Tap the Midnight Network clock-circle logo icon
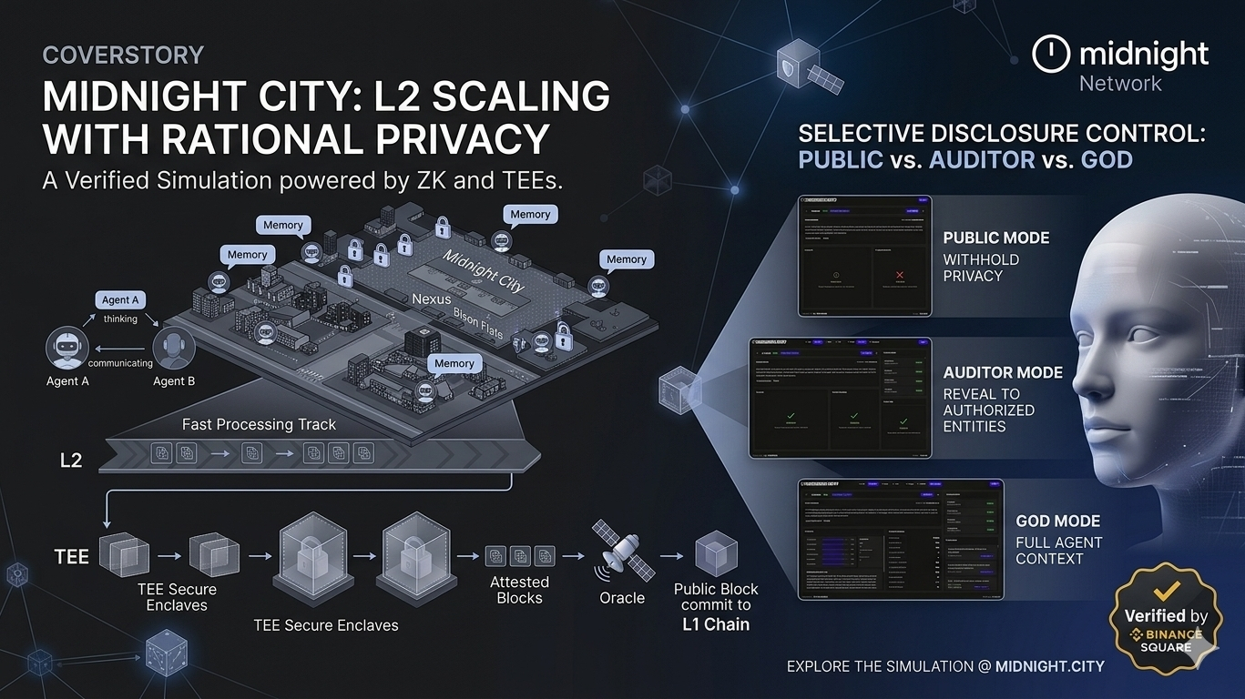pos(1050,54)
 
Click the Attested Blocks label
pos(519,590)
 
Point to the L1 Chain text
pos(715,624)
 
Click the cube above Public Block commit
pos(716,552)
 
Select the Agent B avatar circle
pos(173,349)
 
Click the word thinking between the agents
pos(120,319)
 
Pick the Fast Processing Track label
pos(259,424)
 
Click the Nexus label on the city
pos(431,299)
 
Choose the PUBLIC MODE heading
pos(995,238)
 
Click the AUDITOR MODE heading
pos(1003,372)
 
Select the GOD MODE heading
pos(1057,522)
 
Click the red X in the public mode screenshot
pos(899,274)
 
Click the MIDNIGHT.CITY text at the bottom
pos(1049,666)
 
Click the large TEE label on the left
pos(71,555)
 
